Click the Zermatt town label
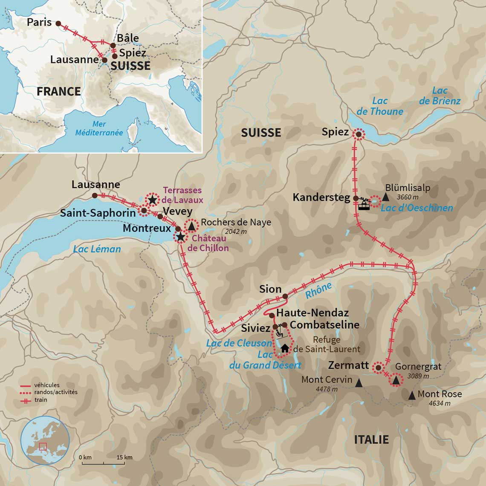(x=348, y=365)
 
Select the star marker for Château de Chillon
(x=181, y=237)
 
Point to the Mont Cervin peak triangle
(x=359, y=383)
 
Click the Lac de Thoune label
(x=380, y=106)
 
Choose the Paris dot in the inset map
(x=58, y=24)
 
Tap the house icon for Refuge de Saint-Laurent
(x=284, y=349)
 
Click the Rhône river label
(x=318, y=290)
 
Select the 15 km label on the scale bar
(x=125, y=457)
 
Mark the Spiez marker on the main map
(x=359, y=134)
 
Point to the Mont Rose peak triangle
(x=411, y=396)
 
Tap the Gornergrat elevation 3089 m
(x=418, y=376)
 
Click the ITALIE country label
(x=371, y=440)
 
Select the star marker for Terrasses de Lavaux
(x=152, y=200)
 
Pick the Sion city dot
(x=285, y=296)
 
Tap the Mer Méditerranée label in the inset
(x=99, y=128)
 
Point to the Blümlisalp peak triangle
(x=385, y=197)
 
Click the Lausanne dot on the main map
(x=95, y=195)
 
